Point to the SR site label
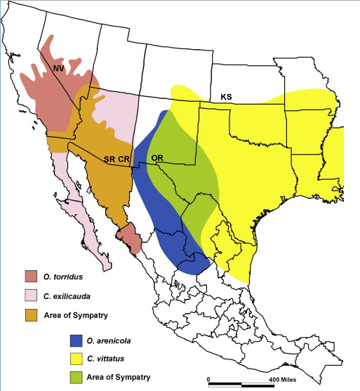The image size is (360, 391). pos(109,159)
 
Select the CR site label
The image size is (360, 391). pos(124,159)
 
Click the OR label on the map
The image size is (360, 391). pos(158,157)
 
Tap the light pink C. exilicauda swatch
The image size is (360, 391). pos(30,292)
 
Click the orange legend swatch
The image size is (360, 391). pos(30,310)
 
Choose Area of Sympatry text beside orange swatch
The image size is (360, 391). pos(74,310)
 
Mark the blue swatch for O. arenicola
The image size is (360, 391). pos(75,341)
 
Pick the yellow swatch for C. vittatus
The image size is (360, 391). pos(75,359)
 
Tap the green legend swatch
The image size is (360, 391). pos(75,377)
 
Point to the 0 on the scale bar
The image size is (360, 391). pos(208,379)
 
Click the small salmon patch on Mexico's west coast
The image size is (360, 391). pos(131,239)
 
